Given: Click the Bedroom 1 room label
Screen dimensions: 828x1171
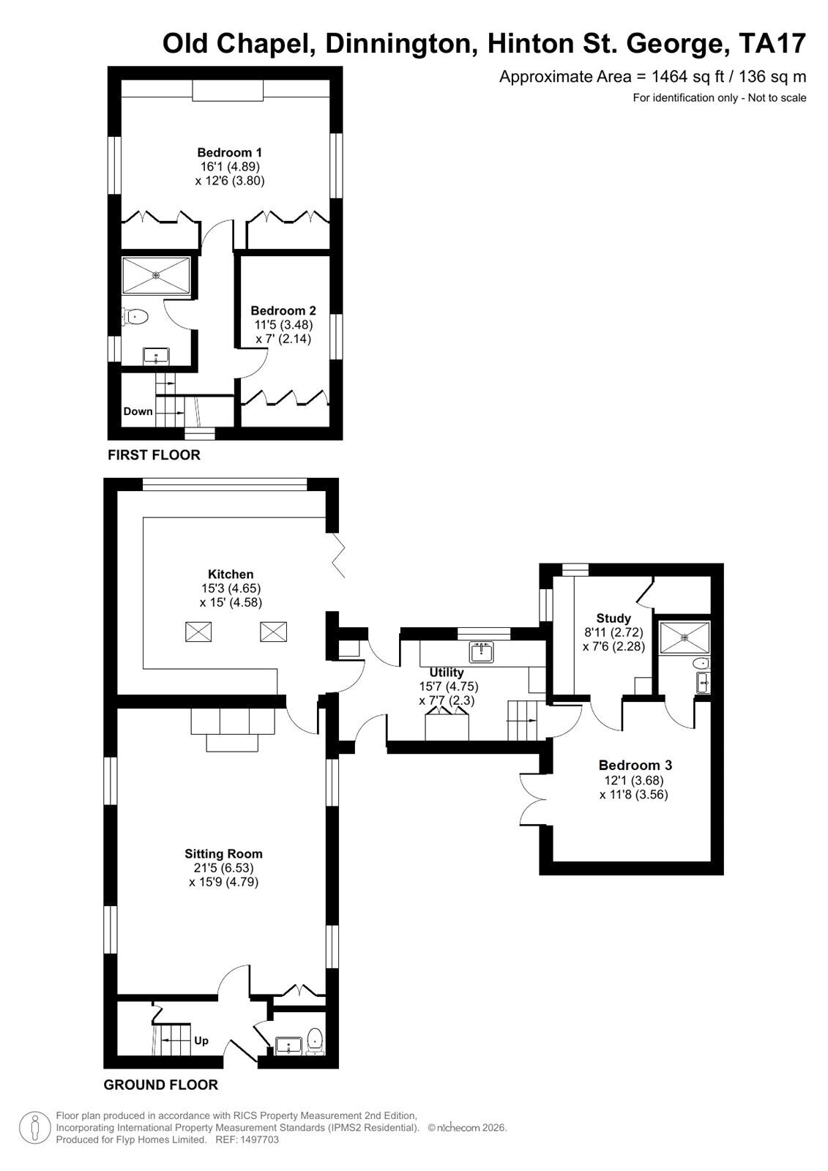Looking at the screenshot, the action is tap(230, 153).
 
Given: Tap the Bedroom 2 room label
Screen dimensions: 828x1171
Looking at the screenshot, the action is tap(283, 310).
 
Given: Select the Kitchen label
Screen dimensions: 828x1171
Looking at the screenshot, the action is tap(231, 574).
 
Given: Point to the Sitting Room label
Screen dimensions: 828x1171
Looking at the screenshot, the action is tap(223, 853).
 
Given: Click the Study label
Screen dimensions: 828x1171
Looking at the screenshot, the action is tap(613, 618).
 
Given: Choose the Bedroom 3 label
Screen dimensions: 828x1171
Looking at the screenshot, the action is tap(635, 766).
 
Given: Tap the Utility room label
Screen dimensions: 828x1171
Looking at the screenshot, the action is tap(447, 673).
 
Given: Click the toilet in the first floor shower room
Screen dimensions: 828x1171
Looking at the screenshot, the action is tap(135, 316).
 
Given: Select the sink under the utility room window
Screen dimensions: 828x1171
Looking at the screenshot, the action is tap(482, 651).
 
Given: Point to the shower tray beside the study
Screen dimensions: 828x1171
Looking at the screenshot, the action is tap(685, 637).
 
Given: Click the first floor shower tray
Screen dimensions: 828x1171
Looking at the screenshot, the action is tap(156, 275).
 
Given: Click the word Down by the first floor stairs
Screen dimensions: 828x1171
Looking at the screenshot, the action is tap(138, 411).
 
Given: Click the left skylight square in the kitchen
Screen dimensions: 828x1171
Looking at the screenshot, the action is tap(198, 632).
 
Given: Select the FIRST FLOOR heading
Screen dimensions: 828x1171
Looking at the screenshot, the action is tap(154, 454).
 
